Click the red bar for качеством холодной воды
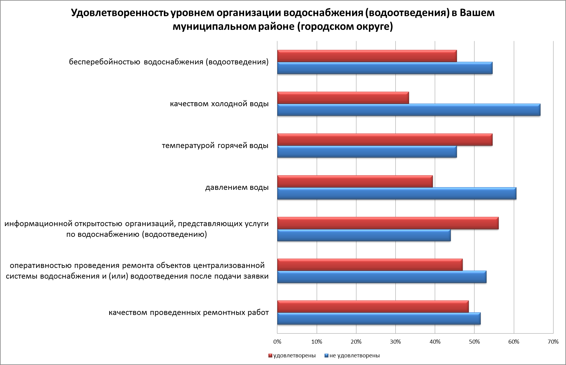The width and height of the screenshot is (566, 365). (343, 98)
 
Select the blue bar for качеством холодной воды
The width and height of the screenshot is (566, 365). (409, 110)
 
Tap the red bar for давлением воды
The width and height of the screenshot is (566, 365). (355, 182)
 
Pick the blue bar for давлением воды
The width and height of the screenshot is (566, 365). (397, 193)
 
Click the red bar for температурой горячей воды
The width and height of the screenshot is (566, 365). (385, 140)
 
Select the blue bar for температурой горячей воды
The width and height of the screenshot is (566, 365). (367, 152)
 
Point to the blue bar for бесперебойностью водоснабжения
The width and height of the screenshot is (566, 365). (385, 68)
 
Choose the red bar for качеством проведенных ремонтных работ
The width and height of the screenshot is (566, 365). (373, 307)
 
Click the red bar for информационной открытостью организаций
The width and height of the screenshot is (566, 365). (388, 223)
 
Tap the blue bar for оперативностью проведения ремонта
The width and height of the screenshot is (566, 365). (382, 277)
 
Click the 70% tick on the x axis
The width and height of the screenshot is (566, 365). (553, 342)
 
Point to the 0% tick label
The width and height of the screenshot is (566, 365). (277, 342)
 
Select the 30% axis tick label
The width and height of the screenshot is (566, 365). (395, 342)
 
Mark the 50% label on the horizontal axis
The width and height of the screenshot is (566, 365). (474, 342)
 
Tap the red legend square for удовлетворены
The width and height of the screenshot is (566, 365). (270, 356)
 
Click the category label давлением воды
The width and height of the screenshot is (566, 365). (237, 187)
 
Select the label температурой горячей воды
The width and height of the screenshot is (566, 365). (215, 146)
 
